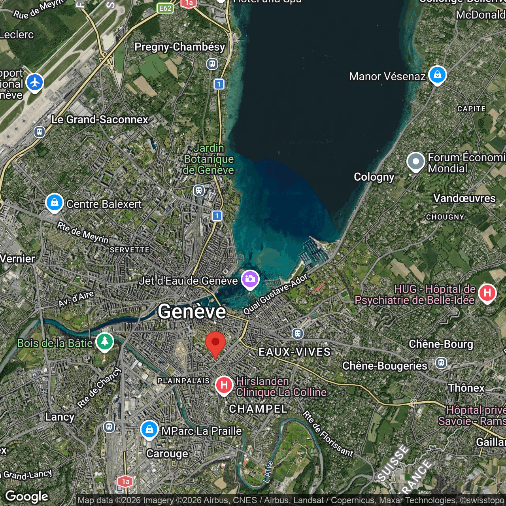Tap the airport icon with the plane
(35, 83)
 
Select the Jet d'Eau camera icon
(250, 279)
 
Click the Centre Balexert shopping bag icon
(55, 202)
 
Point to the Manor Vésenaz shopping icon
(437, 74)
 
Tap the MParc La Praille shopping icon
(149, 429)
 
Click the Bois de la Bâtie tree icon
(104, 342)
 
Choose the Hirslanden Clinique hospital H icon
(224, 385)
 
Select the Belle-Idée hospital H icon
(487, 293)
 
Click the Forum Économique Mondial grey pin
(415, 162)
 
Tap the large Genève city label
(192, 312)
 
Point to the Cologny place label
(374, 177)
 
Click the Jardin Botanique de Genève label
(209, 159)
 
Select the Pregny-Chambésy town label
(179, 47)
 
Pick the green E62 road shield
(165, 8)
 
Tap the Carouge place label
(167, 453)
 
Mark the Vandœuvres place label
(464, 198)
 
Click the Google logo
(27, 497)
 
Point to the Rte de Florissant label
(328, 434)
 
